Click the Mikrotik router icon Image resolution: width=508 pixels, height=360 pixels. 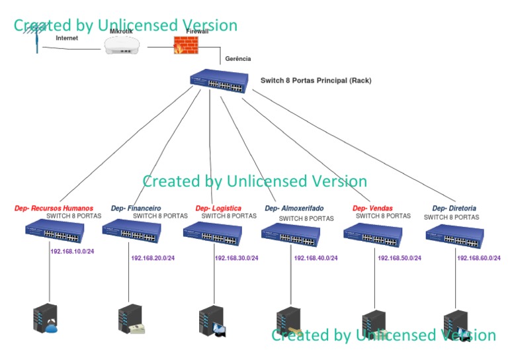(122, 46)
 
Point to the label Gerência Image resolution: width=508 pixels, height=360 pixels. (238, 59)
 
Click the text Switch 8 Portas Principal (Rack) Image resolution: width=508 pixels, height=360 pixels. (316, 81)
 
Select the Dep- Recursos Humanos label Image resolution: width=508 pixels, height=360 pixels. (54, 208)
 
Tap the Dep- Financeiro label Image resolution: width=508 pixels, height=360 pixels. (136, 208)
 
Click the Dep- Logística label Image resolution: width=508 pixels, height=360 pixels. (218, 208)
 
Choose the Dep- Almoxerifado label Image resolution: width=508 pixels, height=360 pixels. (294, 208)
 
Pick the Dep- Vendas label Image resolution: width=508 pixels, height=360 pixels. (372, 208)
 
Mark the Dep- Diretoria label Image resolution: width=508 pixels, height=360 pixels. (454, 208)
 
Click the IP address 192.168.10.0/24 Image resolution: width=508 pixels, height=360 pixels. (72, 251)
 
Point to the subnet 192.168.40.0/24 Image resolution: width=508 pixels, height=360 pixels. (316, 258)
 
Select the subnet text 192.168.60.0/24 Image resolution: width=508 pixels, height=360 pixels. (479, 258)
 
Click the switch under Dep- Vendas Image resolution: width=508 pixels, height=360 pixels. (372, 236)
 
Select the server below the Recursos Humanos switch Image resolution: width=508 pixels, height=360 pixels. (45, 319)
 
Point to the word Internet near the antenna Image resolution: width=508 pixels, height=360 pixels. (67, 38)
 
